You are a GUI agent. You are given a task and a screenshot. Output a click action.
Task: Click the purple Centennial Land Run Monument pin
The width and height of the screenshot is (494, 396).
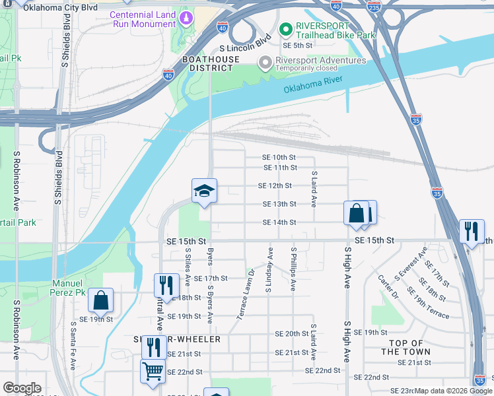pos(186,15)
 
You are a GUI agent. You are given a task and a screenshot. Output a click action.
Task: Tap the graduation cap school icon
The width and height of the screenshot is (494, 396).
pos(205,191)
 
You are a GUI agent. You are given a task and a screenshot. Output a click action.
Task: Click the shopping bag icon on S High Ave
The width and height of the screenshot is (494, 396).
pos(357,213)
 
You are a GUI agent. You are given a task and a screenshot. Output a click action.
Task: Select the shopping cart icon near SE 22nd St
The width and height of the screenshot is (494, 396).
pos(153,372)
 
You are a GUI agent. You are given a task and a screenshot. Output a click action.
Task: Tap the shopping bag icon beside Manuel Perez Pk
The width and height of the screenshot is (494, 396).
pos(101,300)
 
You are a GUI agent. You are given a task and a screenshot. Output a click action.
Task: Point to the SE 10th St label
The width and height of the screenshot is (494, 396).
pos(279,157)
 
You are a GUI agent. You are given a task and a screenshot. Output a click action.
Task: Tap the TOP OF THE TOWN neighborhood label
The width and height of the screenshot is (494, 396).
pos(406,347)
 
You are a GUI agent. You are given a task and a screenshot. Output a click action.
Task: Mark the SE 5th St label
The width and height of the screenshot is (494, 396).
pos(297,46)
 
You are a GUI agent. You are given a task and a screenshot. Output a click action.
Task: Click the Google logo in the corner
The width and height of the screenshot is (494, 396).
pos(22,388)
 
